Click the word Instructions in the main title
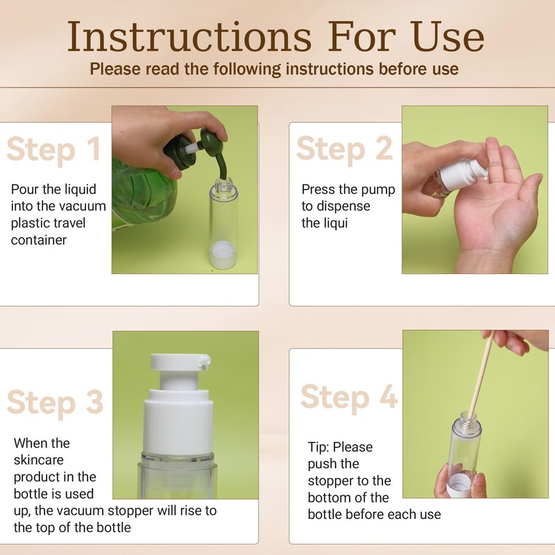coord(189,37)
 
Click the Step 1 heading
coord(53,150)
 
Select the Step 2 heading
coord(344,149)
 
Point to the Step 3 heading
coord(55,402)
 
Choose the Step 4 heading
coord(349,397)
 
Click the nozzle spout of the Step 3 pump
coord(205,361)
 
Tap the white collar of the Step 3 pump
coord(178,421)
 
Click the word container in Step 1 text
coord(39,240)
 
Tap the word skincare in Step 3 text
coord(39,460)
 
